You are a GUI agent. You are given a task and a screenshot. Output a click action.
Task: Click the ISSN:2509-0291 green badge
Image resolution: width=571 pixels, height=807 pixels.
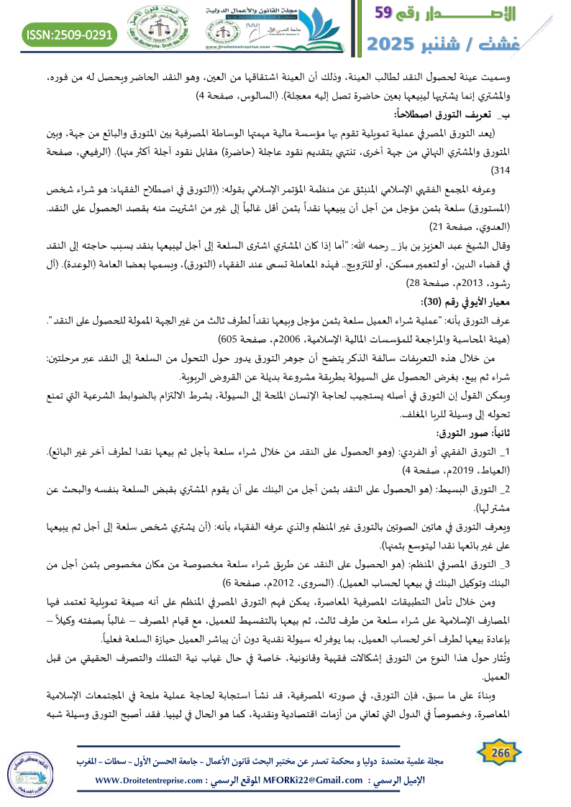click(x=70, y=34)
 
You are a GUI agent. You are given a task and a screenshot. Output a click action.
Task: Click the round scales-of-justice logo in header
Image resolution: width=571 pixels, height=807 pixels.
click(x=160, y=29)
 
